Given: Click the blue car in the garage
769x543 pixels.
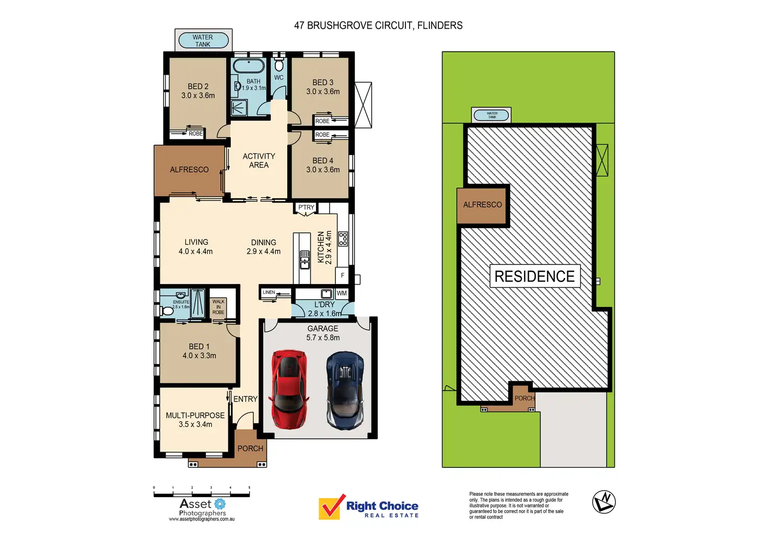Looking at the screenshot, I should click(344, 389).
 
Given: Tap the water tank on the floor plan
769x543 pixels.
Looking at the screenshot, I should click(203, 41).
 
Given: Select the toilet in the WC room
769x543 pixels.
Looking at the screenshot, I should click(279, 65).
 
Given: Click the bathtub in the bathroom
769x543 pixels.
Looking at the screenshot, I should click(249, 66).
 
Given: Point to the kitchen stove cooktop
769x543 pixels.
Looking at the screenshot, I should click(343, 239).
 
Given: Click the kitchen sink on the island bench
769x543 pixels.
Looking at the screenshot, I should click(305, 259).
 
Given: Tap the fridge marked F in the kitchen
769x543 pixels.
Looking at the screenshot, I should click(343, 275).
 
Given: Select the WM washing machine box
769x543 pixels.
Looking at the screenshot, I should click(342, 293).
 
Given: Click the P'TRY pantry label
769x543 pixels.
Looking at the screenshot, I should click(306, 207).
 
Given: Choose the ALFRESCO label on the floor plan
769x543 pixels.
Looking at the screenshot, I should click(189, 170).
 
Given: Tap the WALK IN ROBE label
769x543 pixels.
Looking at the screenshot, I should click(218, 307).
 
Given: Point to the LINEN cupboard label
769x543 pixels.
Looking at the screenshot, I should click(269, 292).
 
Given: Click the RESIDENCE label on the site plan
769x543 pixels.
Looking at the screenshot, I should click(534, 276).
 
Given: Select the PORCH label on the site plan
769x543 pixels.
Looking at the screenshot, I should click(525, 398).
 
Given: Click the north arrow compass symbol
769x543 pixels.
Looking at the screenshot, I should click(603, 502).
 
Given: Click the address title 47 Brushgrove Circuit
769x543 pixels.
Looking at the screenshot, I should click(378, 26).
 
